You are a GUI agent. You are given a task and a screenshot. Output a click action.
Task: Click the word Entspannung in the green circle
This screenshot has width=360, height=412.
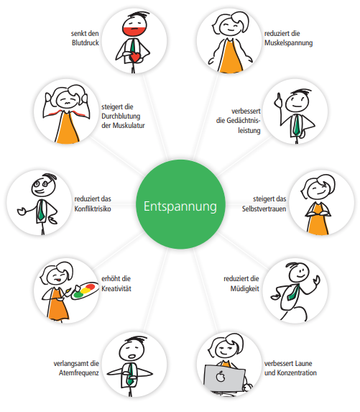(180, 206)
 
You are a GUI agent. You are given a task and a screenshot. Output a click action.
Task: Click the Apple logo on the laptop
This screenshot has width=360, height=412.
(221, 377)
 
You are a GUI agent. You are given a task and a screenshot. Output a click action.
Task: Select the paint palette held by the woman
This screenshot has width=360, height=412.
(84, 290)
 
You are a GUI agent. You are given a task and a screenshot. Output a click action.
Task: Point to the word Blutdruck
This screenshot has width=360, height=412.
(86, 42)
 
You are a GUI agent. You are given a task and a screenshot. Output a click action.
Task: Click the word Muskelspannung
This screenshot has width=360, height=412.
(288, 43)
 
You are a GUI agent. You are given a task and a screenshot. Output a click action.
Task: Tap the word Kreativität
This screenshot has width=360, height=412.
(116, 288)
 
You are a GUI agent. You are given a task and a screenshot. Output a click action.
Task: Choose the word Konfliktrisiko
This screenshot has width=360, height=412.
(93, 209)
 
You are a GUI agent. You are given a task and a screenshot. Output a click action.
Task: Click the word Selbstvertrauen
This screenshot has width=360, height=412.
(264, 209)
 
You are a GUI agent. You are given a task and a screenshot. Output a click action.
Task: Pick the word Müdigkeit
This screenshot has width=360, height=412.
(245, 288)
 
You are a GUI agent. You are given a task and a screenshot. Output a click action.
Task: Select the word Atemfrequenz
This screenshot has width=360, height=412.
(79, 373)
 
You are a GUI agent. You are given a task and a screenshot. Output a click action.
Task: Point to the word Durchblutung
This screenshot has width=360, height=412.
(121, 116)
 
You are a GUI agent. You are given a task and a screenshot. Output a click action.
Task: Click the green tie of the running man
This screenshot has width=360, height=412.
(293, 293)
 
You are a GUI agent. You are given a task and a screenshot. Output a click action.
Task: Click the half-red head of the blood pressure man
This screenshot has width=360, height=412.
(134, 26)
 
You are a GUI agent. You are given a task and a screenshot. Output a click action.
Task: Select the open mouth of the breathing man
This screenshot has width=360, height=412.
(131, 357)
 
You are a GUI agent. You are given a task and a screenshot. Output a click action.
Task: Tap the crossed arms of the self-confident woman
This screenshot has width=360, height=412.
(318, 214)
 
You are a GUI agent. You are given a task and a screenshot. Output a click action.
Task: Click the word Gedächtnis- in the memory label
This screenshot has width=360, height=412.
(238, 121)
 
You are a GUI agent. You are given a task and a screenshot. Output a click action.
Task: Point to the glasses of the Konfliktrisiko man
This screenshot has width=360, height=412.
(41, 183)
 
